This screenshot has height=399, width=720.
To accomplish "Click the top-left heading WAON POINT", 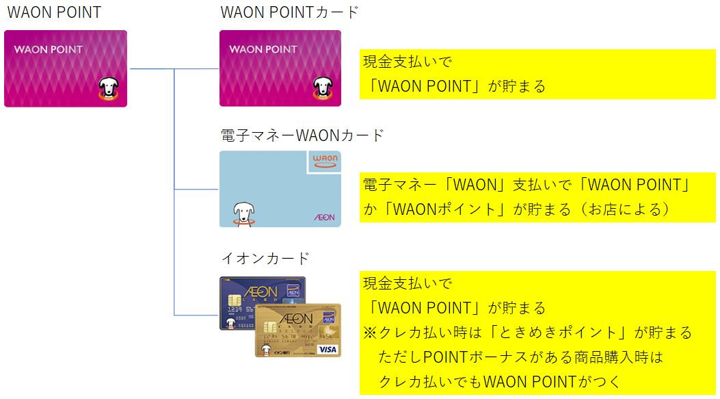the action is (x=54, y=12).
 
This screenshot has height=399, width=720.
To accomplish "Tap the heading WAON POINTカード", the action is (x=289, y=12).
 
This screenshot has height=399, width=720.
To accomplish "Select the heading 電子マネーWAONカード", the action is (x=302, y=136).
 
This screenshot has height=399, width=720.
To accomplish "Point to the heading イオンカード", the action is (x=265, y=258).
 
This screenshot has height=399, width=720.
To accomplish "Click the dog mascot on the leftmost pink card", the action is (x=109, y=89).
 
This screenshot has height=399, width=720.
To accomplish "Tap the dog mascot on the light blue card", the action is (x=243, y=214).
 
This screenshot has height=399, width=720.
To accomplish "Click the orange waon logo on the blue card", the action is (x=325, y=161).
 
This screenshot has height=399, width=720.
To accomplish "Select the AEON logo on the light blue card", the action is (x=325, y=217).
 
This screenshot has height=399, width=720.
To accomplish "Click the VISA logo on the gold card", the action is (x=328, y=350).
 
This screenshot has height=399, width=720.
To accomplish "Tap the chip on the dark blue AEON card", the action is (x=235, y=300).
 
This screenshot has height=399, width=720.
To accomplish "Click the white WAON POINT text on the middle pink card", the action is (x=263, y=49).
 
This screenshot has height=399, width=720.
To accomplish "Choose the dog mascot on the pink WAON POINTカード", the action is (x=323, y=88).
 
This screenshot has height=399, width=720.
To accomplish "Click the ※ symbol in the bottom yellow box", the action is (x=370, y=333).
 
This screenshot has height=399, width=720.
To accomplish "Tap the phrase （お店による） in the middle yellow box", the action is (x=625, y=209).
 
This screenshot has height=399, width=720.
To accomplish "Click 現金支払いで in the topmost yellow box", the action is (x=408, y=62).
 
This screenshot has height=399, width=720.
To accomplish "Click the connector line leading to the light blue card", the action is (x=196, y=189).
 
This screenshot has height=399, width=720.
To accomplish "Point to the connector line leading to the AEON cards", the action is (x=196, y=316).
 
